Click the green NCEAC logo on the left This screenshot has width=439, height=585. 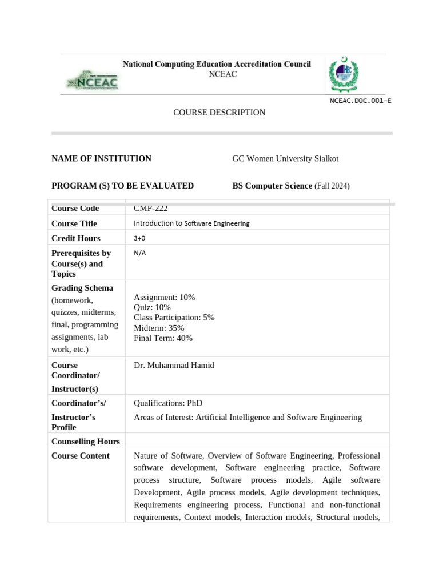click(93, 81)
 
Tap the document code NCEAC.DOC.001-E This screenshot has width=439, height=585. click(360, 101)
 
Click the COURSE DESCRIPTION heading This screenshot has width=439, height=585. click(219, 113)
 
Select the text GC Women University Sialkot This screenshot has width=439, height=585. click(285, 158)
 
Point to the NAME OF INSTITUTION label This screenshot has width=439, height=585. click(101, 158)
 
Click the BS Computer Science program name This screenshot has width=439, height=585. click(272, 186)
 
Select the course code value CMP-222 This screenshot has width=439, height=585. click(151, 209)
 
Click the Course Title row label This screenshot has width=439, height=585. click(74, 223)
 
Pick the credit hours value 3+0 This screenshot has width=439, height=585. click(139, 238)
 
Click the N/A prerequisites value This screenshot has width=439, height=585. click(139, 253)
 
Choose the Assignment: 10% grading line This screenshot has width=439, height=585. click(164, 297)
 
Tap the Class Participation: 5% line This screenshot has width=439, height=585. click(174, 318)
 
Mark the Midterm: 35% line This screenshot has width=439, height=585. click(159, 328)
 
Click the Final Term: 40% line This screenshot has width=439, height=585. click(163, 338)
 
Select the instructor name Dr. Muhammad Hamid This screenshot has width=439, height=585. click(174, 365)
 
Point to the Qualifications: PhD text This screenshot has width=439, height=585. click(168, 403)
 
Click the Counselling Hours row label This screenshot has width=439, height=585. click(86, 441)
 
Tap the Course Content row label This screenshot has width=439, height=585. click(81, 456)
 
